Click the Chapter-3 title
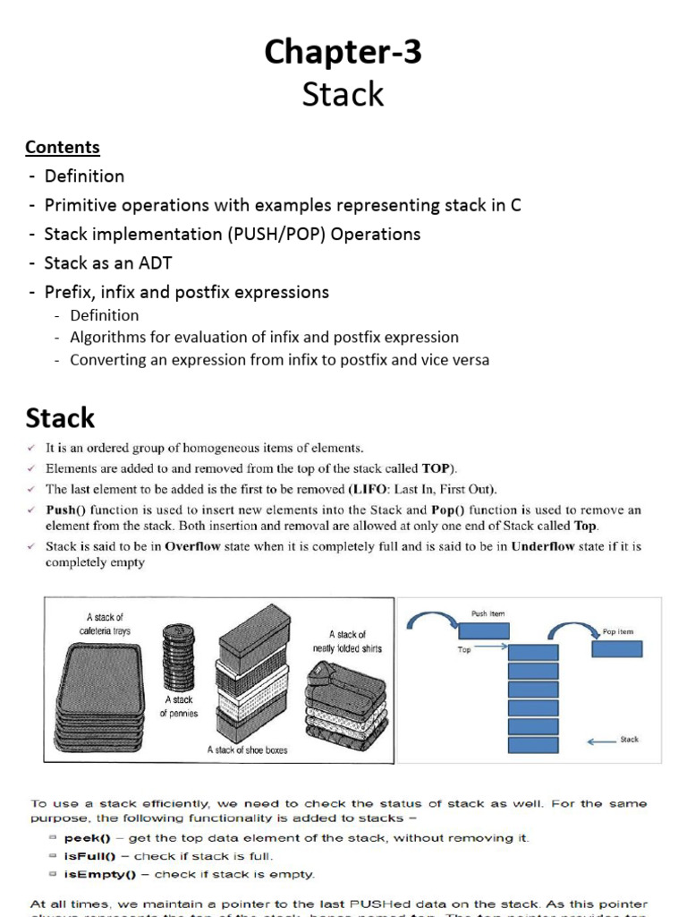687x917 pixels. click(343, 54)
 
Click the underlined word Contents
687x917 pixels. click(63, 147)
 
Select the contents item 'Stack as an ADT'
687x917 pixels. click(107, 262)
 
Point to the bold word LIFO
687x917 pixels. click(370, 489)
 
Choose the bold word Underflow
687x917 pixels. click(547, 545)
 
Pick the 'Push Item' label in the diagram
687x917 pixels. click(488, 614)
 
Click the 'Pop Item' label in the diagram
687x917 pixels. click(618, 631)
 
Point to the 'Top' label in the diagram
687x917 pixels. click(464, 650)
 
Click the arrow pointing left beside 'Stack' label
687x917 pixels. click(601, 740)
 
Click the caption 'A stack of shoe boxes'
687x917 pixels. click(247, 750)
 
